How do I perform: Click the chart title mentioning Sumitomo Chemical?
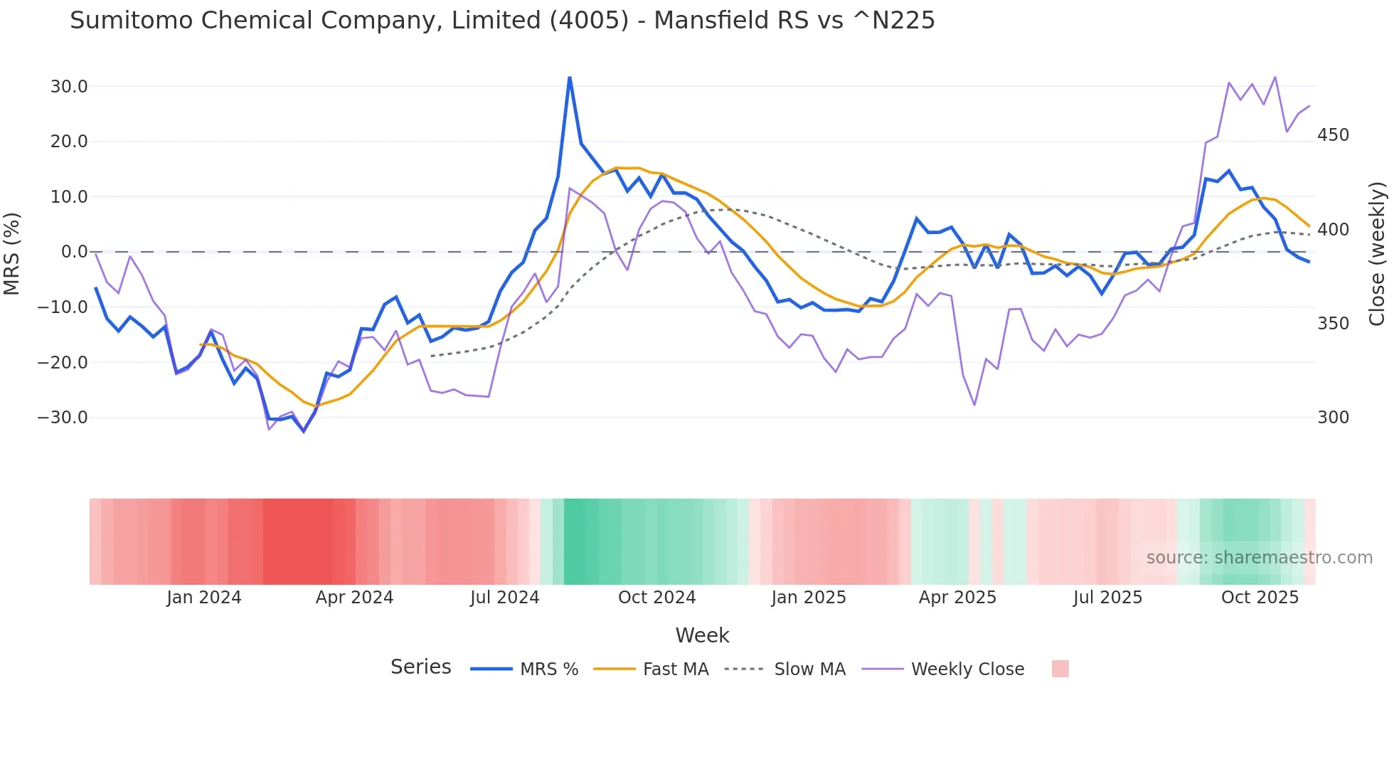click(502, 21)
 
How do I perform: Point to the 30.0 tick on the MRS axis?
click(69, 87)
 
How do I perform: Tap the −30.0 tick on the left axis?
click(63, 418)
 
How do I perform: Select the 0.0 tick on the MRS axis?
click(74, 252)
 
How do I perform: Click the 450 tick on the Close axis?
click(1333, 135)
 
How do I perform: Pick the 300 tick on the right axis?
click(1333, 418)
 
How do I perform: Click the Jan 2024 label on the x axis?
click(204, 598)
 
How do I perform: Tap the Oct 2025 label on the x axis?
click(1260, 598)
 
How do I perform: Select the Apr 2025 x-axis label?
click(957, 598)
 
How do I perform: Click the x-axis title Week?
click(702, 635)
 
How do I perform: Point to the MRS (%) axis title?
click(12, 253)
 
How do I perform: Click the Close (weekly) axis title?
click(1377, 253)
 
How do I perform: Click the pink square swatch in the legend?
click(1060, 669)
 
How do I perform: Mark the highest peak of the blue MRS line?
click(570, 78)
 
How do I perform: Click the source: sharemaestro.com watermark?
click(1259, 558)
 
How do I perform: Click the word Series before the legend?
click(420, 667)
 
